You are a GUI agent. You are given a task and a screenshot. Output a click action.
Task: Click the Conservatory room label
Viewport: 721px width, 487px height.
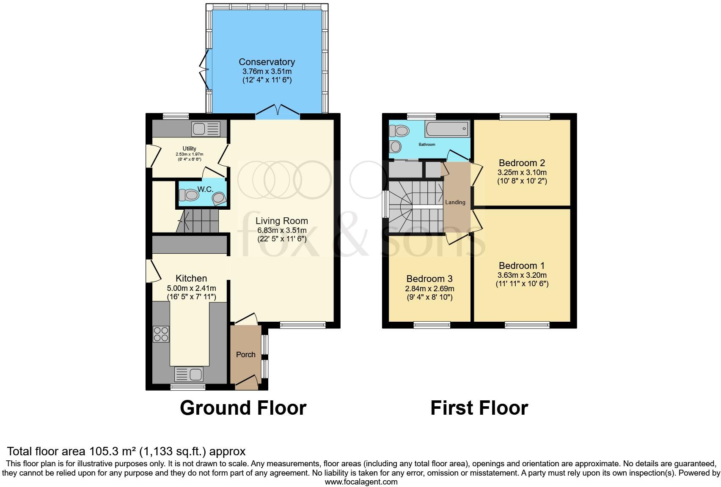coord(267,62)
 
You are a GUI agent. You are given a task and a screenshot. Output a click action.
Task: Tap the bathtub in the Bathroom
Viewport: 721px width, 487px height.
coord(448,129)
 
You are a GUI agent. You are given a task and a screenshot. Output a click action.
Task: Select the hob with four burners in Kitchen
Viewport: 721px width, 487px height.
coord(161,334)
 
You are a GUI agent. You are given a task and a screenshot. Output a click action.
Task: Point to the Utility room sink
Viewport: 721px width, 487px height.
coord(206,129)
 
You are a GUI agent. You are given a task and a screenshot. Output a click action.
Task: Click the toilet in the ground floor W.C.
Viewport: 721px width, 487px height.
coord(189,195)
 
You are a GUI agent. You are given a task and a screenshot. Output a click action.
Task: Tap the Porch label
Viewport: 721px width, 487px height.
coord(245,355)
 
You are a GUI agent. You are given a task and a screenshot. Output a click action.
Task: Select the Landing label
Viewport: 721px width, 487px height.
coord(455,202)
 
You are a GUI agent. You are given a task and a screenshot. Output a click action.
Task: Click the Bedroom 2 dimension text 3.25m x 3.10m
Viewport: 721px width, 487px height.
coord(522,172)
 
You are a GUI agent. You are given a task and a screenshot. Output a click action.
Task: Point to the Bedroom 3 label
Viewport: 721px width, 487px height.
coord(429,279)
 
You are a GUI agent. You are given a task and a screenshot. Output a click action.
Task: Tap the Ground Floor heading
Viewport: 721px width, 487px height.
coord(243,408)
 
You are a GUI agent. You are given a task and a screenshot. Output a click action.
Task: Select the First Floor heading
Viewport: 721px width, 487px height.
coord(479,408)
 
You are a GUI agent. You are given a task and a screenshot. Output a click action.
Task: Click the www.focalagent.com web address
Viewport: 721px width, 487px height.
coord(361,482)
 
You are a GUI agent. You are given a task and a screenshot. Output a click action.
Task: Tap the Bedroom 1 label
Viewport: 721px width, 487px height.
coord(521,266)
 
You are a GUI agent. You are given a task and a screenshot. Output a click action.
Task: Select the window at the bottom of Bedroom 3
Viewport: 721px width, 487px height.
coord(432,325)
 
